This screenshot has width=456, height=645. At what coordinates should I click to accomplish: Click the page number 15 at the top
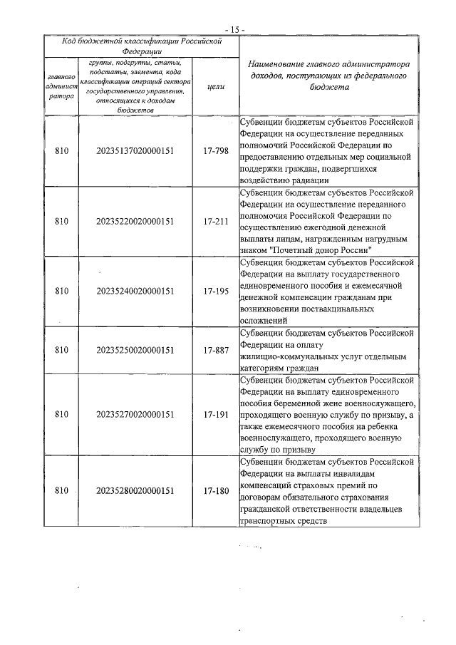click(234, 29)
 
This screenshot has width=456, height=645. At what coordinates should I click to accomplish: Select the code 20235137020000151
click(135, 151)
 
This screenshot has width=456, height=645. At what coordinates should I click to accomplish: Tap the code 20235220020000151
click(135, 221)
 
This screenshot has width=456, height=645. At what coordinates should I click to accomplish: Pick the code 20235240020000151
click(135, 291)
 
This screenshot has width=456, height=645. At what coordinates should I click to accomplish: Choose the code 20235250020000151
click(135, 350)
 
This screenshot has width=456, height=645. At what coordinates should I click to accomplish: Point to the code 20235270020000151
click(135, 414)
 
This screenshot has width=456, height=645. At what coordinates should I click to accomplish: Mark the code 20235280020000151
click(135, 490)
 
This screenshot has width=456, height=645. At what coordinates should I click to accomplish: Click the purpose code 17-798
click(215, 151)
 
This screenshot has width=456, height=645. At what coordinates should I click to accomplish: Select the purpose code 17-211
click(215, 221)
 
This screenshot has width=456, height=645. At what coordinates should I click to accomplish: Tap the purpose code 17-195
click(215, 291)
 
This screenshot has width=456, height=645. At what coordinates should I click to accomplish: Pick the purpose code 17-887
click(215, 350)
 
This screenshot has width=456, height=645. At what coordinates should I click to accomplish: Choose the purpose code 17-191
click(215, 414)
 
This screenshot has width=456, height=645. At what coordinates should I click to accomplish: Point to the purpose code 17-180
click(215, 490)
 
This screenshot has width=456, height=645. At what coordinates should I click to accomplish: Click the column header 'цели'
click(215, 86)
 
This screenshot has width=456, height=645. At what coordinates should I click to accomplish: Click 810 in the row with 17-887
click(61, 350)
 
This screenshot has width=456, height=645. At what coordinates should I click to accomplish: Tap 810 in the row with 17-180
click(61, 490)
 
